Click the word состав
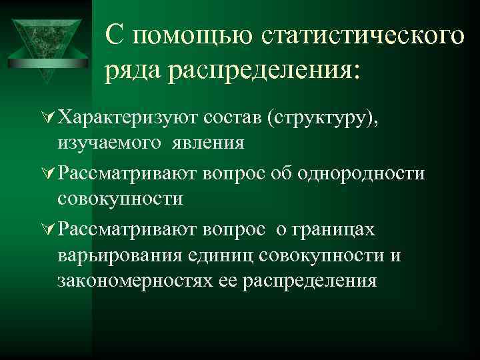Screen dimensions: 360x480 pos(237,118)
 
